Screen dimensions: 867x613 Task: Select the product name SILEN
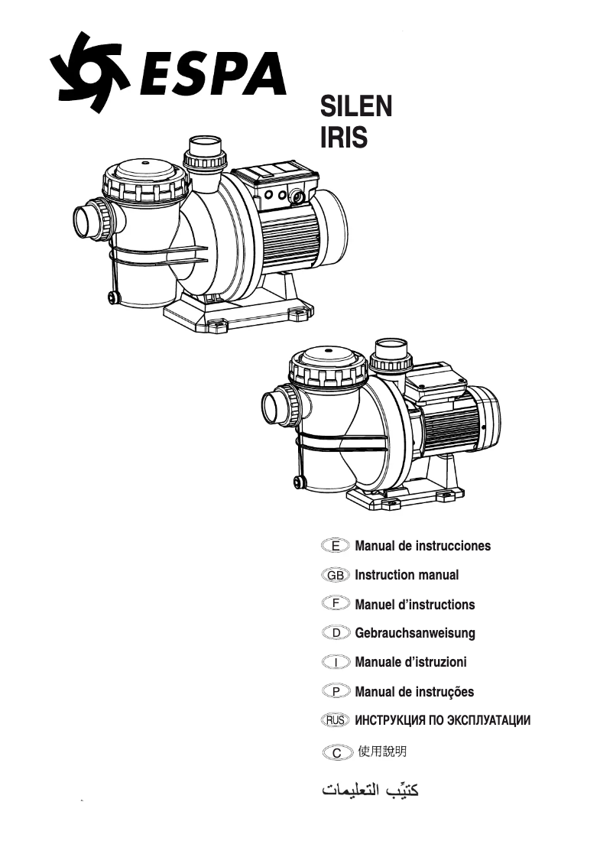[355, 106]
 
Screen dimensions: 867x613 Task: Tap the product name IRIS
[343, 138]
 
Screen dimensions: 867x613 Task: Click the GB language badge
[336, 575]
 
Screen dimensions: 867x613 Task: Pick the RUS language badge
[336, 720]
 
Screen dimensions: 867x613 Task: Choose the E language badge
[336, 546]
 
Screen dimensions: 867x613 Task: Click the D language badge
[336, 633]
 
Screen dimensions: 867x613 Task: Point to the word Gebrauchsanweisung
[415, 633]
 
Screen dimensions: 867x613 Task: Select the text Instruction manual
[407, 575]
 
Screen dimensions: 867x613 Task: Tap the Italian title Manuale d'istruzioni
[410, 662]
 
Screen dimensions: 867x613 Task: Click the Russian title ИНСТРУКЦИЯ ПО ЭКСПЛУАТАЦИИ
[443, 720]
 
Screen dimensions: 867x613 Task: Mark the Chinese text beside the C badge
[381, 752]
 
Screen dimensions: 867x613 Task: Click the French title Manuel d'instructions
[414, 605]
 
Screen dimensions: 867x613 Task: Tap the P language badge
[336, 691]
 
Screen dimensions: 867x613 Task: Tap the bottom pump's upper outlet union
[391, 352]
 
